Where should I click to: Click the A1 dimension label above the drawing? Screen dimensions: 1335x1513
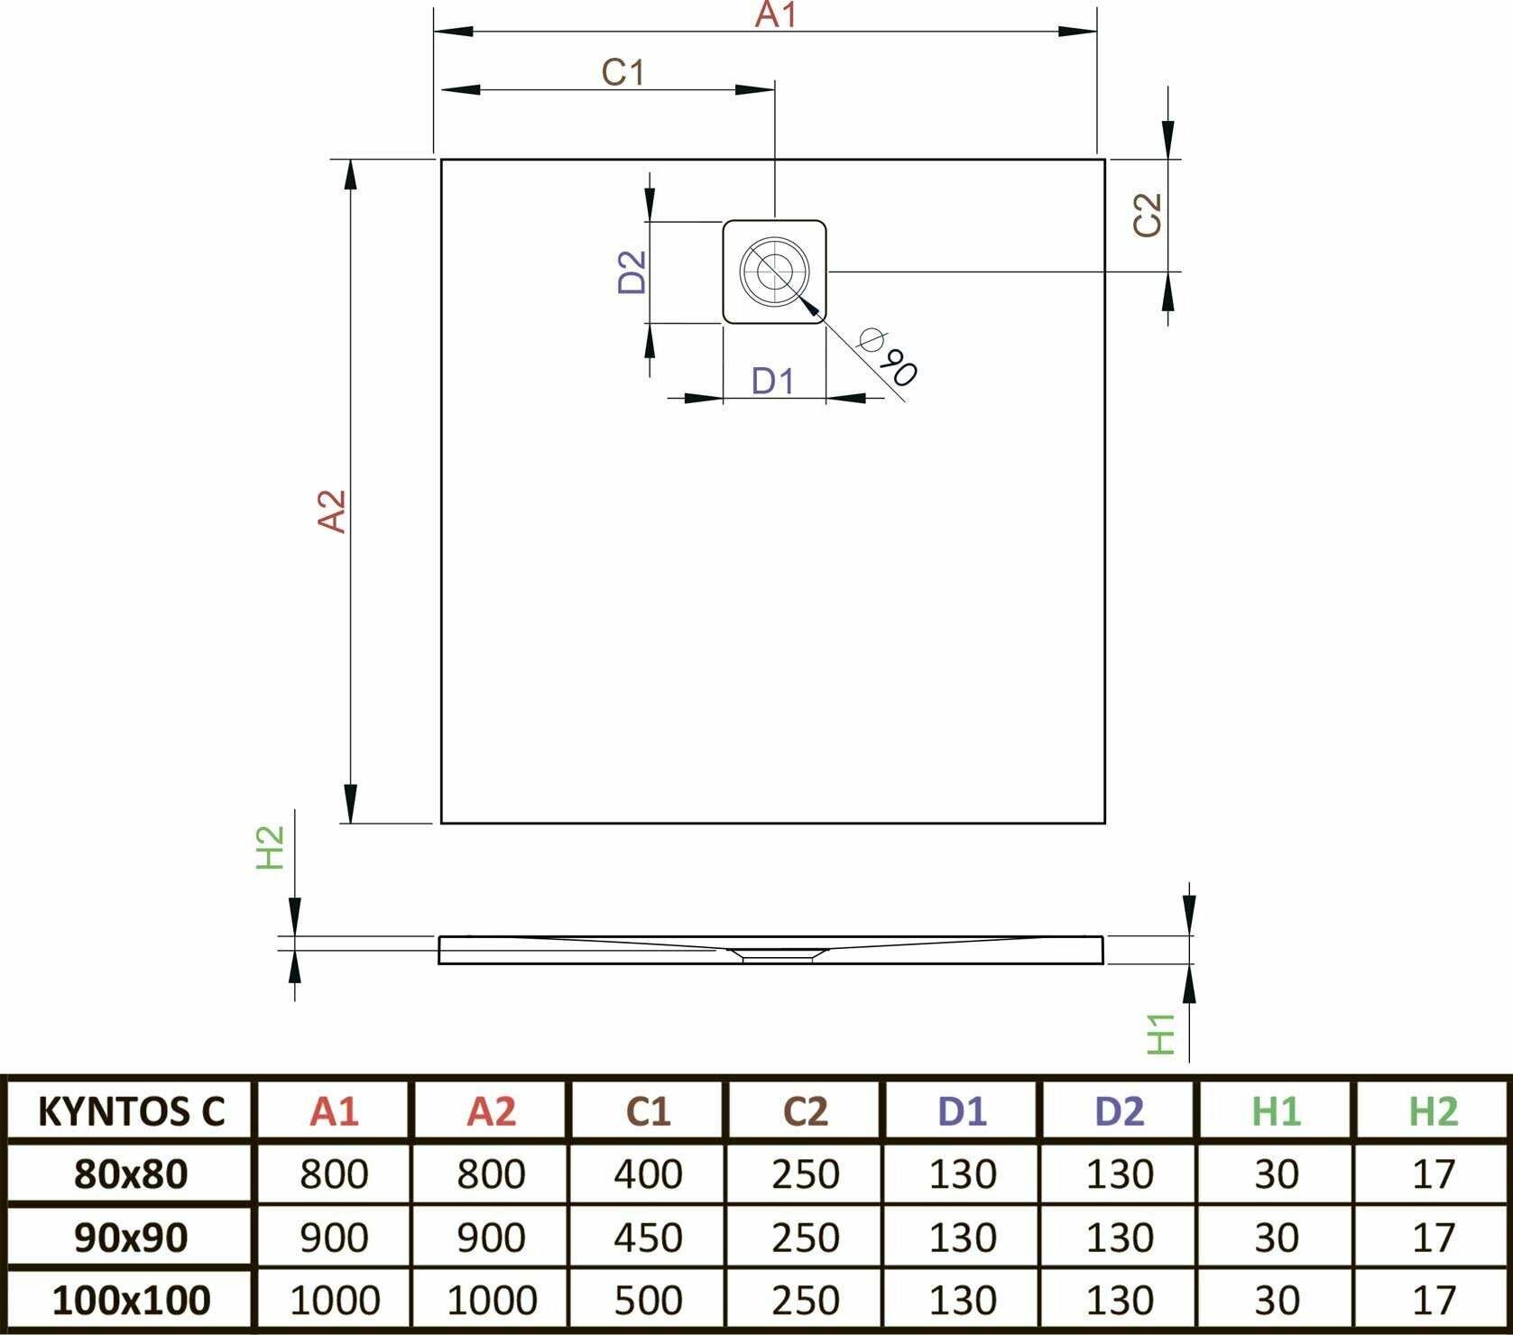click(x=775, y=15)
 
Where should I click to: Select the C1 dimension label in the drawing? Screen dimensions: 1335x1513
click(x=623, y=72)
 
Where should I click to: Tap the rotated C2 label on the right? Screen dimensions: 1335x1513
click(x=1148, y=215)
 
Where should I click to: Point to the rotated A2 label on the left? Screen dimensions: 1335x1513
click(x=332, y=511)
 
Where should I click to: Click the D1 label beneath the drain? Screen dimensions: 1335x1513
click(x=772, y=382)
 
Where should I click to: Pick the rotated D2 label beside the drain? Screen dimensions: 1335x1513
click(x=632, y=272)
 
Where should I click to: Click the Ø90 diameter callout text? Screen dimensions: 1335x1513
click(x=889, y=357)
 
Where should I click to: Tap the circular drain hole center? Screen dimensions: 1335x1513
click(x=774, y=271)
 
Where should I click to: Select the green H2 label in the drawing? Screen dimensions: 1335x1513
click(x=271, y=847)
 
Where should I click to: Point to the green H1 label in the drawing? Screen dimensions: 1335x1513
click(x=1161, y=1034)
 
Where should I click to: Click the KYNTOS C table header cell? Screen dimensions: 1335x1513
click(x=132, y=1111)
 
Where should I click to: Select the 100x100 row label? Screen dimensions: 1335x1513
click(x=132, y=1300)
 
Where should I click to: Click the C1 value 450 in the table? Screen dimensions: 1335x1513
click(x=648, y=1238)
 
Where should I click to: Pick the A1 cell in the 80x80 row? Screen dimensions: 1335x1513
click(x=334, y=1174)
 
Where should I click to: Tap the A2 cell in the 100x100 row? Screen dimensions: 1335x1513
click(x=492, y=1300)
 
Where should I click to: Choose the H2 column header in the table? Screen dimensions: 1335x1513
click(x=1433, y=1111)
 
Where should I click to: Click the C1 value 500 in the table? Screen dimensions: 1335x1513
click(x=648, y=1300)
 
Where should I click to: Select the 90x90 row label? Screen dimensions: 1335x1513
click(x=132, y=1238)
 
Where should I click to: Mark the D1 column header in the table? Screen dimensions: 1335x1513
click(x=962, y=1111)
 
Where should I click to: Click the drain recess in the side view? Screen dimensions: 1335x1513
click(x=776, y=953)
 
